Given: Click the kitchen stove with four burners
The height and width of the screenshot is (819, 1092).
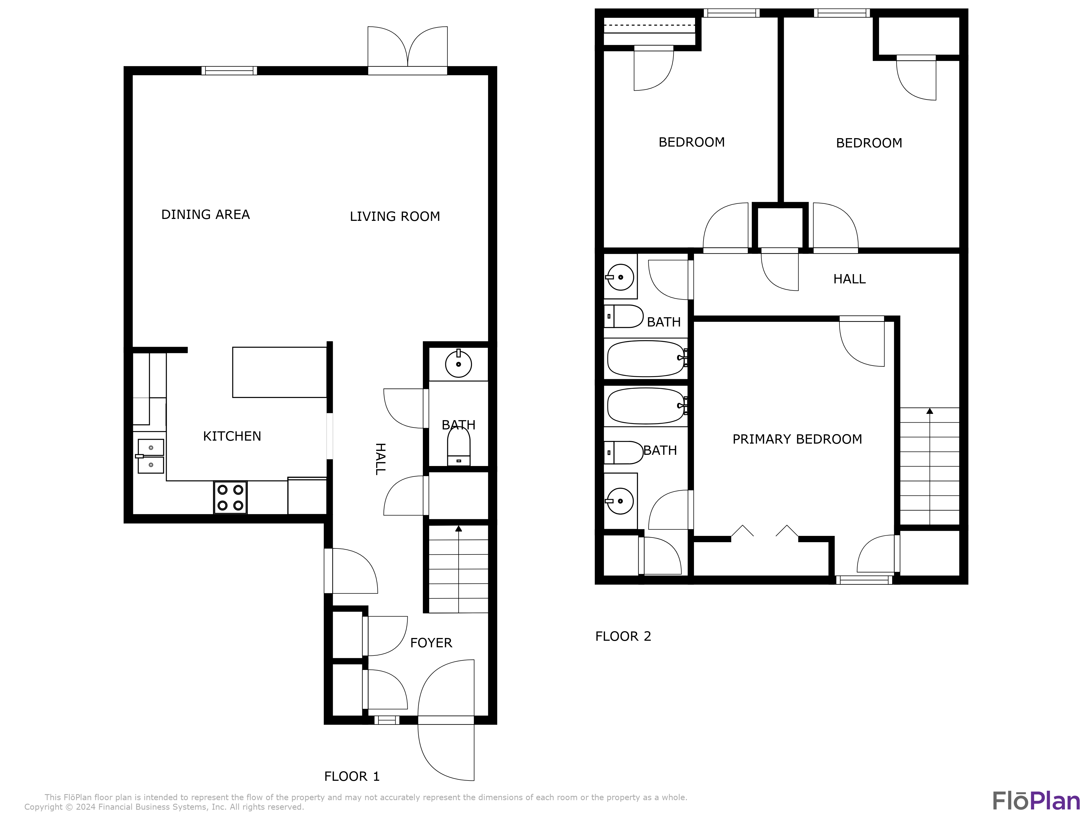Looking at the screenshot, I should (230, 498).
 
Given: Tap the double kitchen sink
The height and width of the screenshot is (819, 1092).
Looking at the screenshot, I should (151, 456).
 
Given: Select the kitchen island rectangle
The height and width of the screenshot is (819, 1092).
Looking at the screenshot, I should (280, 372).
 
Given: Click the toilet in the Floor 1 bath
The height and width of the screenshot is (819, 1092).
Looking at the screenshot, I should (459, 446).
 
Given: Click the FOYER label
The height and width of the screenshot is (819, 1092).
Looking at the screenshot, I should (431, 643).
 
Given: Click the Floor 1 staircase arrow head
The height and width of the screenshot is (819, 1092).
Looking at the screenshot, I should (459, 529).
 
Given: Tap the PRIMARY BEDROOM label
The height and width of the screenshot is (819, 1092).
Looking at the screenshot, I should (797, 439).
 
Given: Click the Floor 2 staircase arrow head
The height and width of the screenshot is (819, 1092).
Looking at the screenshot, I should (930, 411).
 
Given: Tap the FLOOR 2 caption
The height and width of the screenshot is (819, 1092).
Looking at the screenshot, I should (623, 636).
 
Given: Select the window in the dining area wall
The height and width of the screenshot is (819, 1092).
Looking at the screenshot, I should (229, 71).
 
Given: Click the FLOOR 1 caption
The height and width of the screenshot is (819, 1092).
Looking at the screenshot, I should (352, 776).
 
